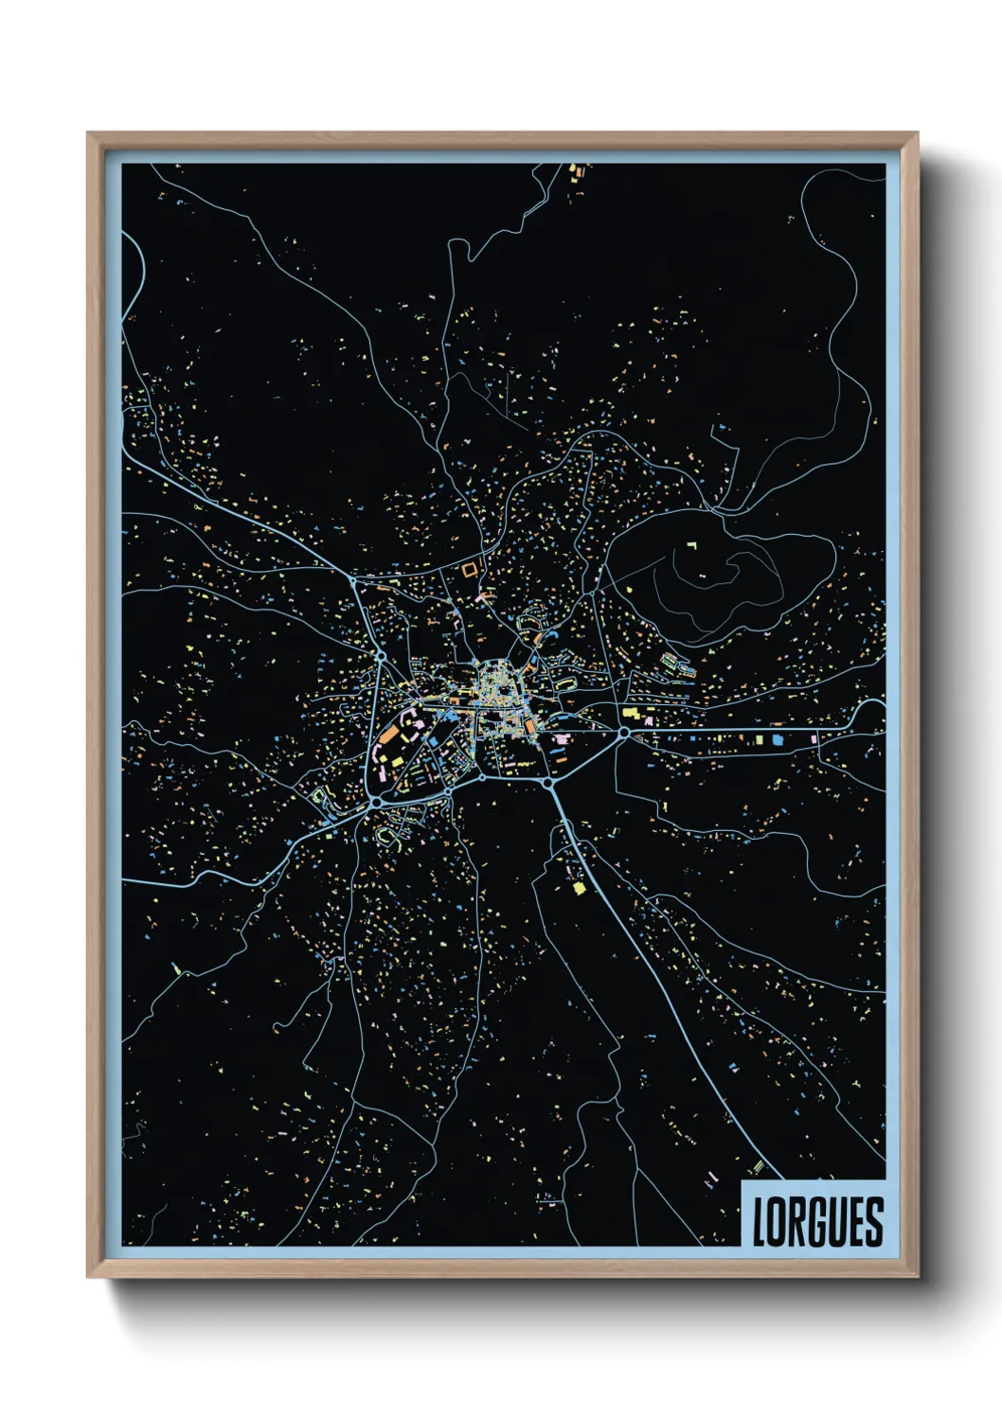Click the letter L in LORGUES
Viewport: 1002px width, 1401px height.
coord(760,1221)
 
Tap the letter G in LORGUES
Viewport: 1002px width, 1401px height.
coord(814,1221)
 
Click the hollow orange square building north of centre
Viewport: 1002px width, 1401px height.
coord(470,569)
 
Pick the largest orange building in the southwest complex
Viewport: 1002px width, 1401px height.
coord(390,736)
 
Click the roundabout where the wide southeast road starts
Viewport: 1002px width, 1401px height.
coord(547,783)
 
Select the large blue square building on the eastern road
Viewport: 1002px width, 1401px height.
coord(777,738)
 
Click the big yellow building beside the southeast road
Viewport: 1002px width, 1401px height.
coord(580,888)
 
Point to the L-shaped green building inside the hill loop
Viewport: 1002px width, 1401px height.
coord(691,546)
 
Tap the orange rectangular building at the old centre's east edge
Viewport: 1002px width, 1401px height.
coord(530,726)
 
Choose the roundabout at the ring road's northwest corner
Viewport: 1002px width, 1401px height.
coord(380,654)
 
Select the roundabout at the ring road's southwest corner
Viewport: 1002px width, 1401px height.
coord(376,801)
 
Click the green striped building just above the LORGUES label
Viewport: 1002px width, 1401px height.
coord(757,1166)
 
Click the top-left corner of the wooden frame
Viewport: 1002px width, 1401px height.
coord(88,134)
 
